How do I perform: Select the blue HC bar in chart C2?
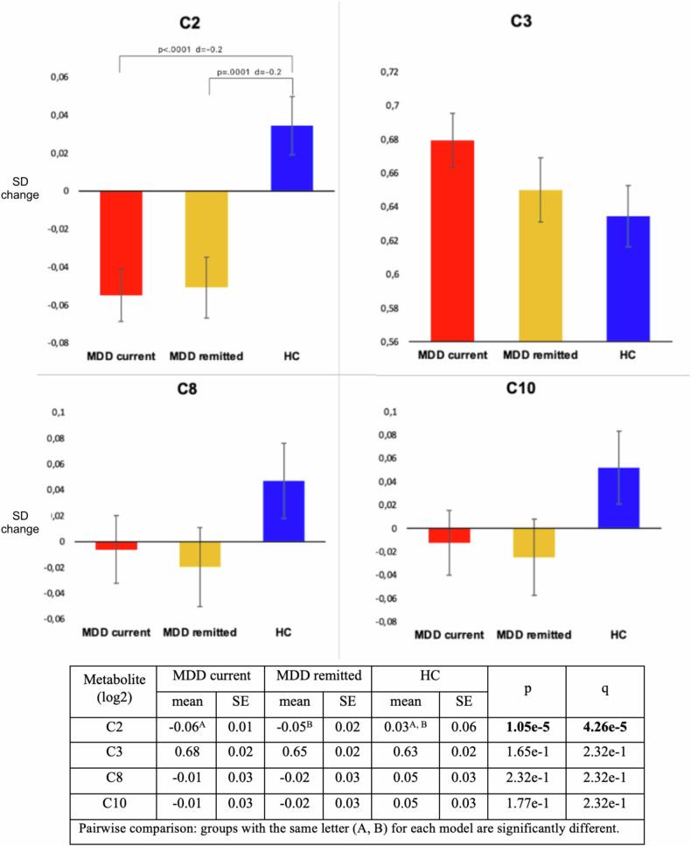[x=292, y=159]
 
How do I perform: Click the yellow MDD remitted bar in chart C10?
[x=534, y=543]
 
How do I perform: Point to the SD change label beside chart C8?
[x=24, y=522]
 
